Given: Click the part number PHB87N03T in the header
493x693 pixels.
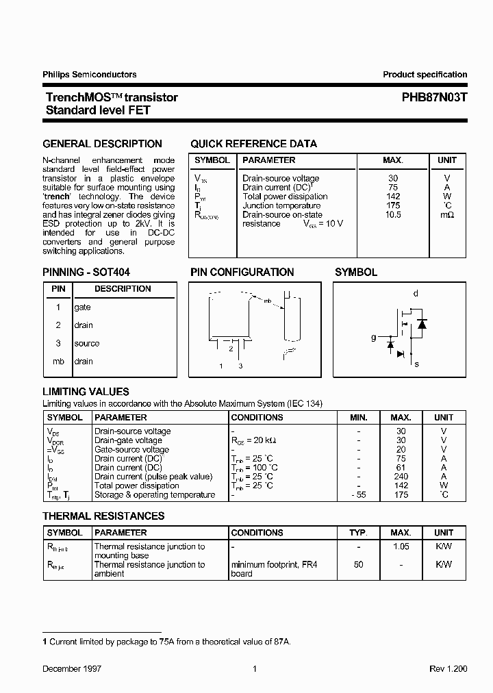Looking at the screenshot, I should coord(434,98).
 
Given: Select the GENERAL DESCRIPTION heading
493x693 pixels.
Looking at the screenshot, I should coord(103,144).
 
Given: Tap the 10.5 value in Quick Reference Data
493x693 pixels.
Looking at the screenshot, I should coord(393,214).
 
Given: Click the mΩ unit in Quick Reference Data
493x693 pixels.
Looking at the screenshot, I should coord(446,215).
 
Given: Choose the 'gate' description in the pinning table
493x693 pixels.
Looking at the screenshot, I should coord(82,307).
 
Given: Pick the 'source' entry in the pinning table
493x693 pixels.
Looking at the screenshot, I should coord(86,344).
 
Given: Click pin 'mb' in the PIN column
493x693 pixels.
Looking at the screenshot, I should coord(58,362).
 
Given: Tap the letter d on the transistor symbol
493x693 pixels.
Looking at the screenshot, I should coord(416,294).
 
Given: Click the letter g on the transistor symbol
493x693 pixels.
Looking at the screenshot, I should coord(373,338).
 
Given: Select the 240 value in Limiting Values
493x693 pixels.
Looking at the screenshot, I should coord(401,477).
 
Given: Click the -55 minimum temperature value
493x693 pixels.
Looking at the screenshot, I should coord(358,495).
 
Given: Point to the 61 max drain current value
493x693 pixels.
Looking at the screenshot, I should coord(401,468).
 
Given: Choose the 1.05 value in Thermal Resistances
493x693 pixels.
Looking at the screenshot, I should coord(401,546).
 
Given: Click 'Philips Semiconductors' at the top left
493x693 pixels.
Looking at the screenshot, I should coord(90,75).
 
